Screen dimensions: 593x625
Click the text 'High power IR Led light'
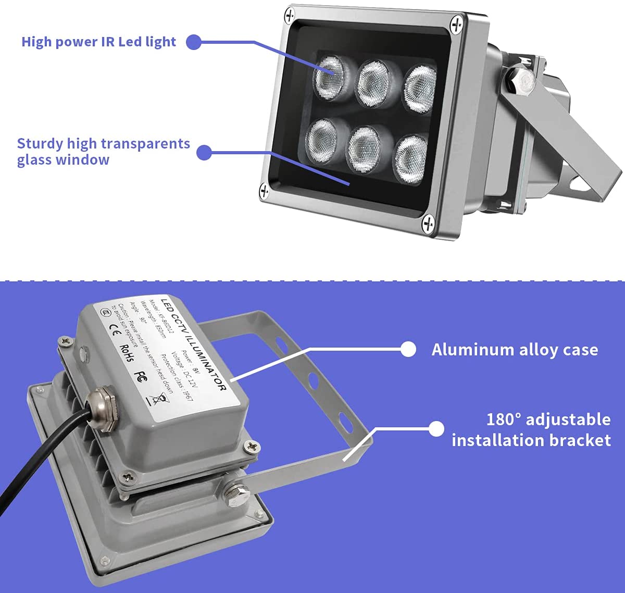point(98,42)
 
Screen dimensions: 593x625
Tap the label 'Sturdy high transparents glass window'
point(103,151)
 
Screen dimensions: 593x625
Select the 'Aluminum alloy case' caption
point(515,349)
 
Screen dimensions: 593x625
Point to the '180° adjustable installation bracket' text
point(531,429)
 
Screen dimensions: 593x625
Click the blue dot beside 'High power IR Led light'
point(194,42)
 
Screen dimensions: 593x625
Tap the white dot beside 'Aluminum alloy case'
point(409,349)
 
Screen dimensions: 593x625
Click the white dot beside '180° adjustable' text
point(436,429)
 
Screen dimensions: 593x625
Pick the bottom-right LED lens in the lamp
point(410,159)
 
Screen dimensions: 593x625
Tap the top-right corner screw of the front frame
point(457,23)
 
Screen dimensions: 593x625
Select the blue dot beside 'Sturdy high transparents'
point(204,152)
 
